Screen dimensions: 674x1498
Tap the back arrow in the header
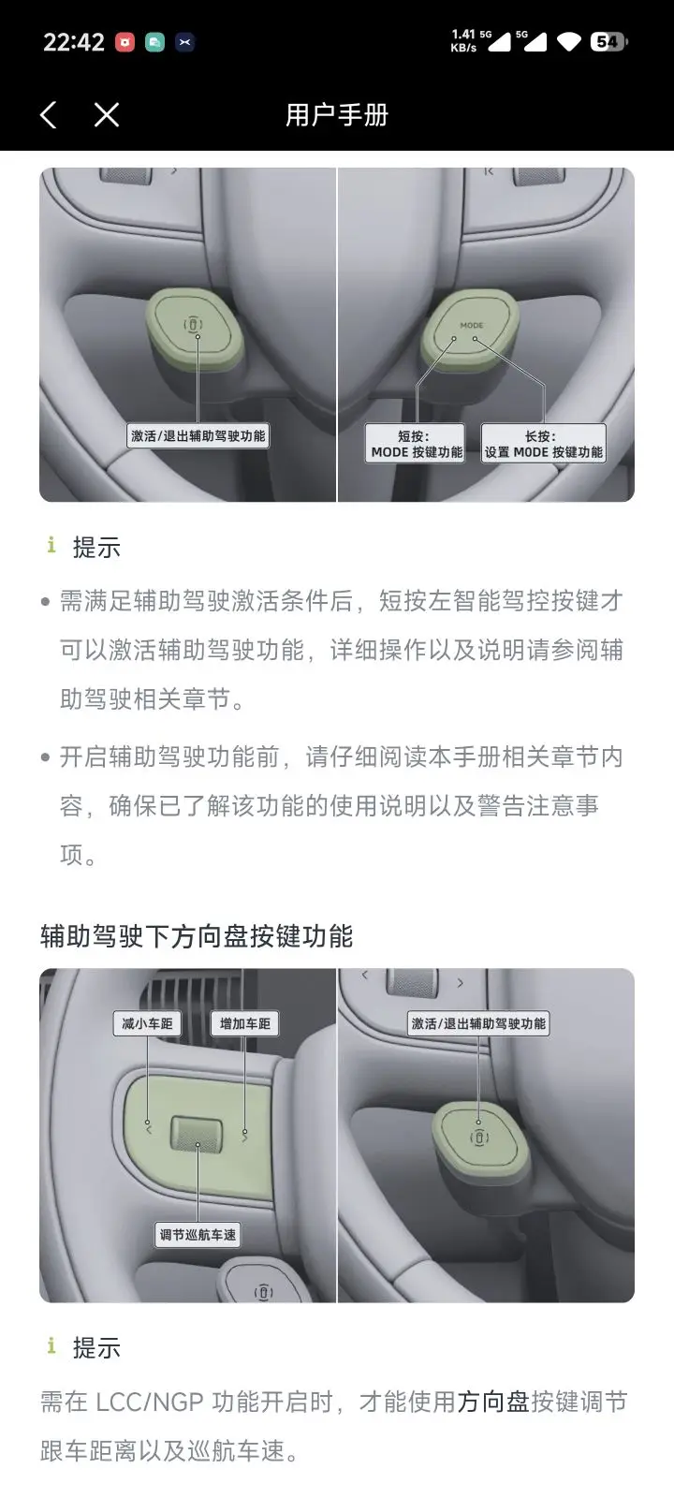coord(48,115)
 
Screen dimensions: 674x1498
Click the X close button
coord(107,115)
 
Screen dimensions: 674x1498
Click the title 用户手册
coord(337,115)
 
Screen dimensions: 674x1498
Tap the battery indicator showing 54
coord(608,42)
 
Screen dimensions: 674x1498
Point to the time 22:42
coord(74,42)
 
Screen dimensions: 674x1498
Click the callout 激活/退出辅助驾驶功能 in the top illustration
coord(198,436)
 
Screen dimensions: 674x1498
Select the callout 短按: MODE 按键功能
coord(415,444)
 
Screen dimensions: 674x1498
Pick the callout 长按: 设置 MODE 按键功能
coord(543,444)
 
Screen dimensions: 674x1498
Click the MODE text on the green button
coord(472,325)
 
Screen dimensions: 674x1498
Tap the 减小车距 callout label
coord(147,1023)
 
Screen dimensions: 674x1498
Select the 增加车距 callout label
coord(244,1023)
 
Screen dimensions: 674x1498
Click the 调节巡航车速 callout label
coord(198,1235)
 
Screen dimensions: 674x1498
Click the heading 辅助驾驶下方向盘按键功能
coord(197,936)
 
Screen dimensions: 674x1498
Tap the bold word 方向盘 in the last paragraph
coord(493,1402)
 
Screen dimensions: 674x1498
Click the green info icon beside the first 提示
coord(51,545)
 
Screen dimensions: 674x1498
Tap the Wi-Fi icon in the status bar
coord(569,43)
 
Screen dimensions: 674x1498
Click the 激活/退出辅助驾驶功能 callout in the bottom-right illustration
coord(478,1023)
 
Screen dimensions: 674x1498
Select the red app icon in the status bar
coord(125,43)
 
